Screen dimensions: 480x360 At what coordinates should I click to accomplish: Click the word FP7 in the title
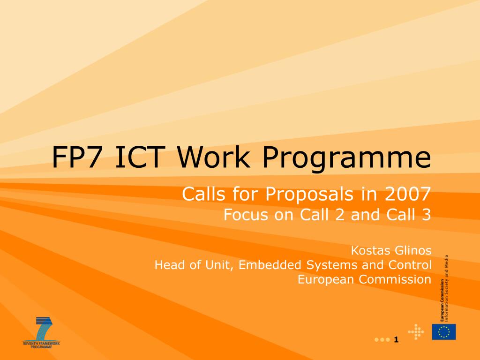[x=80, y=157]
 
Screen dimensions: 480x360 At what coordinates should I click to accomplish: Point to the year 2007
[x=408, y=194]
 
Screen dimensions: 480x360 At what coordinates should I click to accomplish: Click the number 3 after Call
[x=427, y=214]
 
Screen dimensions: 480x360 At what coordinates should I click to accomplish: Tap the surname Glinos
[x=413, y=250]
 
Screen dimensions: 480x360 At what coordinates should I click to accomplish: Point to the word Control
[x=410, y=265]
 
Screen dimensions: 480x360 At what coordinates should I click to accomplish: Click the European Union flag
[x=444, y=332]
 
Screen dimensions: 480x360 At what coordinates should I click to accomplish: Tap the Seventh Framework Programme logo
[x=41, y=333]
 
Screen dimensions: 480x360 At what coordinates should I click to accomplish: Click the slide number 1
[x=396, y=339]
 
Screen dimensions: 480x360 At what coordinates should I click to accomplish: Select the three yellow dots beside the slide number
[x=382, y=340]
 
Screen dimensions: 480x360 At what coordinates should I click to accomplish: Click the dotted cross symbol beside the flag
[x=416, y=332]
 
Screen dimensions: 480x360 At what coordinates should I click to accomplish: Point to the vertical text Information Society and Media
[x=447, y=288]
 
